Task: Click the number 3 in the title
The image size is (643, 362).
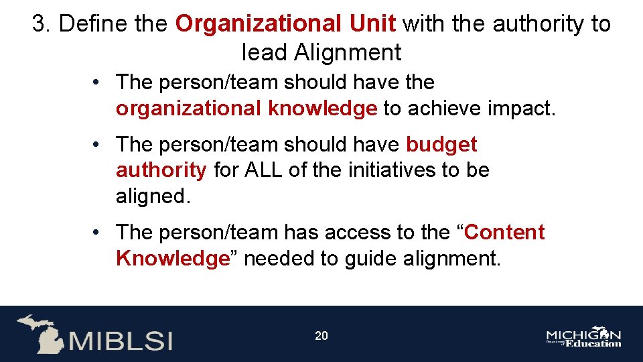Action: [x=39, y=24]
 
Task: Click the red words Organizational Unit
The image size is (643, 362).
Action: [x=286, y=24]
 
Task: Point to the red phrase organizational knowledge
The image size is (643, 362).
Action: [x=246, y=108]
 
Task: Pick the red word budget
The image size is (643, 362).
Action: [x=442, y=144]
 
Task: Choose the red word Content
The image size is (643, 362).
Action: [x=504, y=233]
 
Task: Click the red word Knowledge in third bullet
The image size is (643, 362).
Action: [x=173, y=258]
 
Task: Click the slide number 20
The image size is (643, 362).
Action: [x=321, y=335]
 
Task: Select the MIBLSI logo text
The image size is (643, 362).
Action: [x=121, y=340]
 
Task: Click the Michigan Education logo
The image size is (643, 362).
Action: [x=583, y=337]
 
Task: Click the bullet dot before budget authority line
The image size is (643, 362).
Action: [x=97, y=145]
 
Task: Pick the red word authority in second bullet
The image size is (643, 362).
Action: [x=161, y=170]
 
